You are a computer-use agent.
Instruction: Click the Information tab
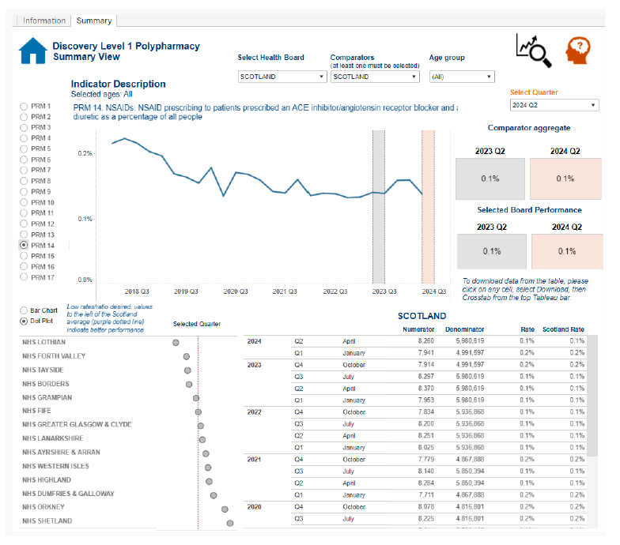coord(44,21)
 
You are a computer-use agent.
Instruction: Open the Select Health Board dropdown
coord(282,77)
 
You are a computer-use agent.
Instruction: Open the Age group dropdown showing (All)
coord(462,77)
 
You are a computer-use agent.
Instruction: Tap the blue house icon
coord(32,51)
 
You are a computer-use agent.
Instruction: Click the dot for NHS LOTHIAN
coord(176,343)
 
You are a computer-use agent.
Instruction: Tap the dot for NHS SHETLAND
coord(230,522)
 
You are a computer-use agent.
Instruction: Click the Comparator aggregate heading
coord(528,128)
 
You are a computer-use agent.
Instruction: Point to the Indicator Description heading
coord(118,84)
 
